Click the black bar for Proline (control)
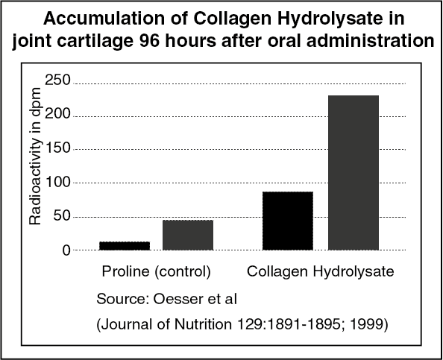point(125,246)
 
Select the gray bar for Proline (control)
point(188,235)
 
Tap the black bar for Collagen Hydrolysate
point(288,221)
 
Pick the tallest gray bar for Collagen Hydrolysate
point(354,173)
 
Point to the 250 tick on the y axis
point(57,80)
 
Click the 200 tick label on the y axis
point(57,113)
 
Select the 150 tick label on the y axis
point(57,148)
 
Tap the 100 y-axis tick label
point(57,182)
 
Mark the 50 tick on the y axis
point(62,215)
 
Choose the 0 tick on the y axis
point(66,250)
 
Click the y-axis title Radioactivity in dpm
point(36,156)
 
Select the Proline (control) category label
point(156,271)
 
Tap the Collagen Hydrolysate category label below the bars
point(321,271)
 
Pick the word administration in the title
point(371,41)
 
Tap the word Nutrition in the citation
point(203,324)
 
